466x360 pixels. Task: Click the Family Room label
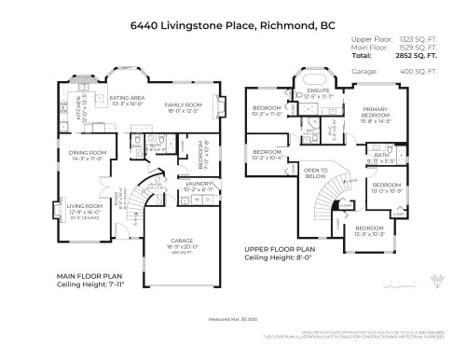pos(183,104)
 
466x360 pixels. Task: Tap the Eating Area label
pos(126,96)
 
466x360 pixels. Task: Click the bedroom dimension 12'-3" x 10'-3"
pos(368,233)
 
